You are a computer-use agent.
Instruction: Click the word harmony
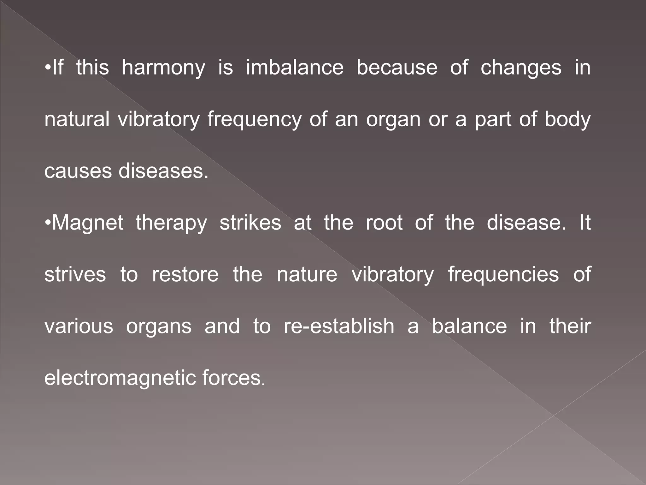point(163,68)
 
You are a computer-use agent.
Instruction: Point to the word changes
point(521,68)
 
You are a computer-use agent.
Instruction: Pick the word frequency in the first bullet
point(254,120)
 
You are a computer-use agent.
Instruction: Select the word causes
point(78,171)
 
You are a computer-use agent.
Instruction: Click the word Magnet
point(88,223)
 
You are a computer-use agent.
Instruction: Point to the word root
point(384,223)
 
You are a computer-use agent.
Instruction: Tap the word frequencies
point(503,275)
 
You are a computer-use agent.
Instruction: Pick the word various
point(79,326)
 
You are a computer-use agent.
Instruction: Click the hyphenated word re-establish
point(339,326)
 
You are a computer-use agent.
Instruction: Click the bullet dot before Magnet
point(48,223)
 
